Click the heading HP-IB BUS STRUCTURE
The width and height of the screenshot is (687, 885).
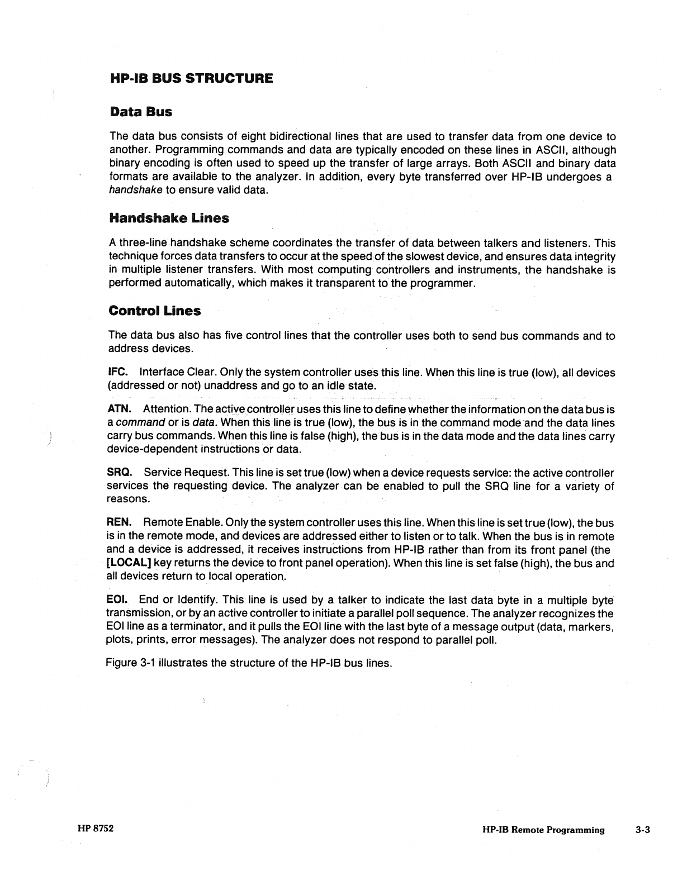191,78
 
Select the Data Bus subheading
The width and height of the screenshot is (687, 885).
141,112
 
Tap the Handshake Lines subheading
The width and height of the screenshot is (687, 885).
169,218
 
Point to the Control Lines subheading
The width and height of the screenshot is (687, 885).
154,311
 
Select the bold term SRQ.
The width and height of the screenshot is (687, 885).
119,473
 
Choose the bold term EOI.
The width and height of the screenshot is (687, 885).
117,601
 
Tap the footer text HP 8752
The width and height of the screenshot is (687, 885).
96,829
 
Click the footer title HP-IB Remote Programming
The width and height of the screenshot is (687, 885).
543,830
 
